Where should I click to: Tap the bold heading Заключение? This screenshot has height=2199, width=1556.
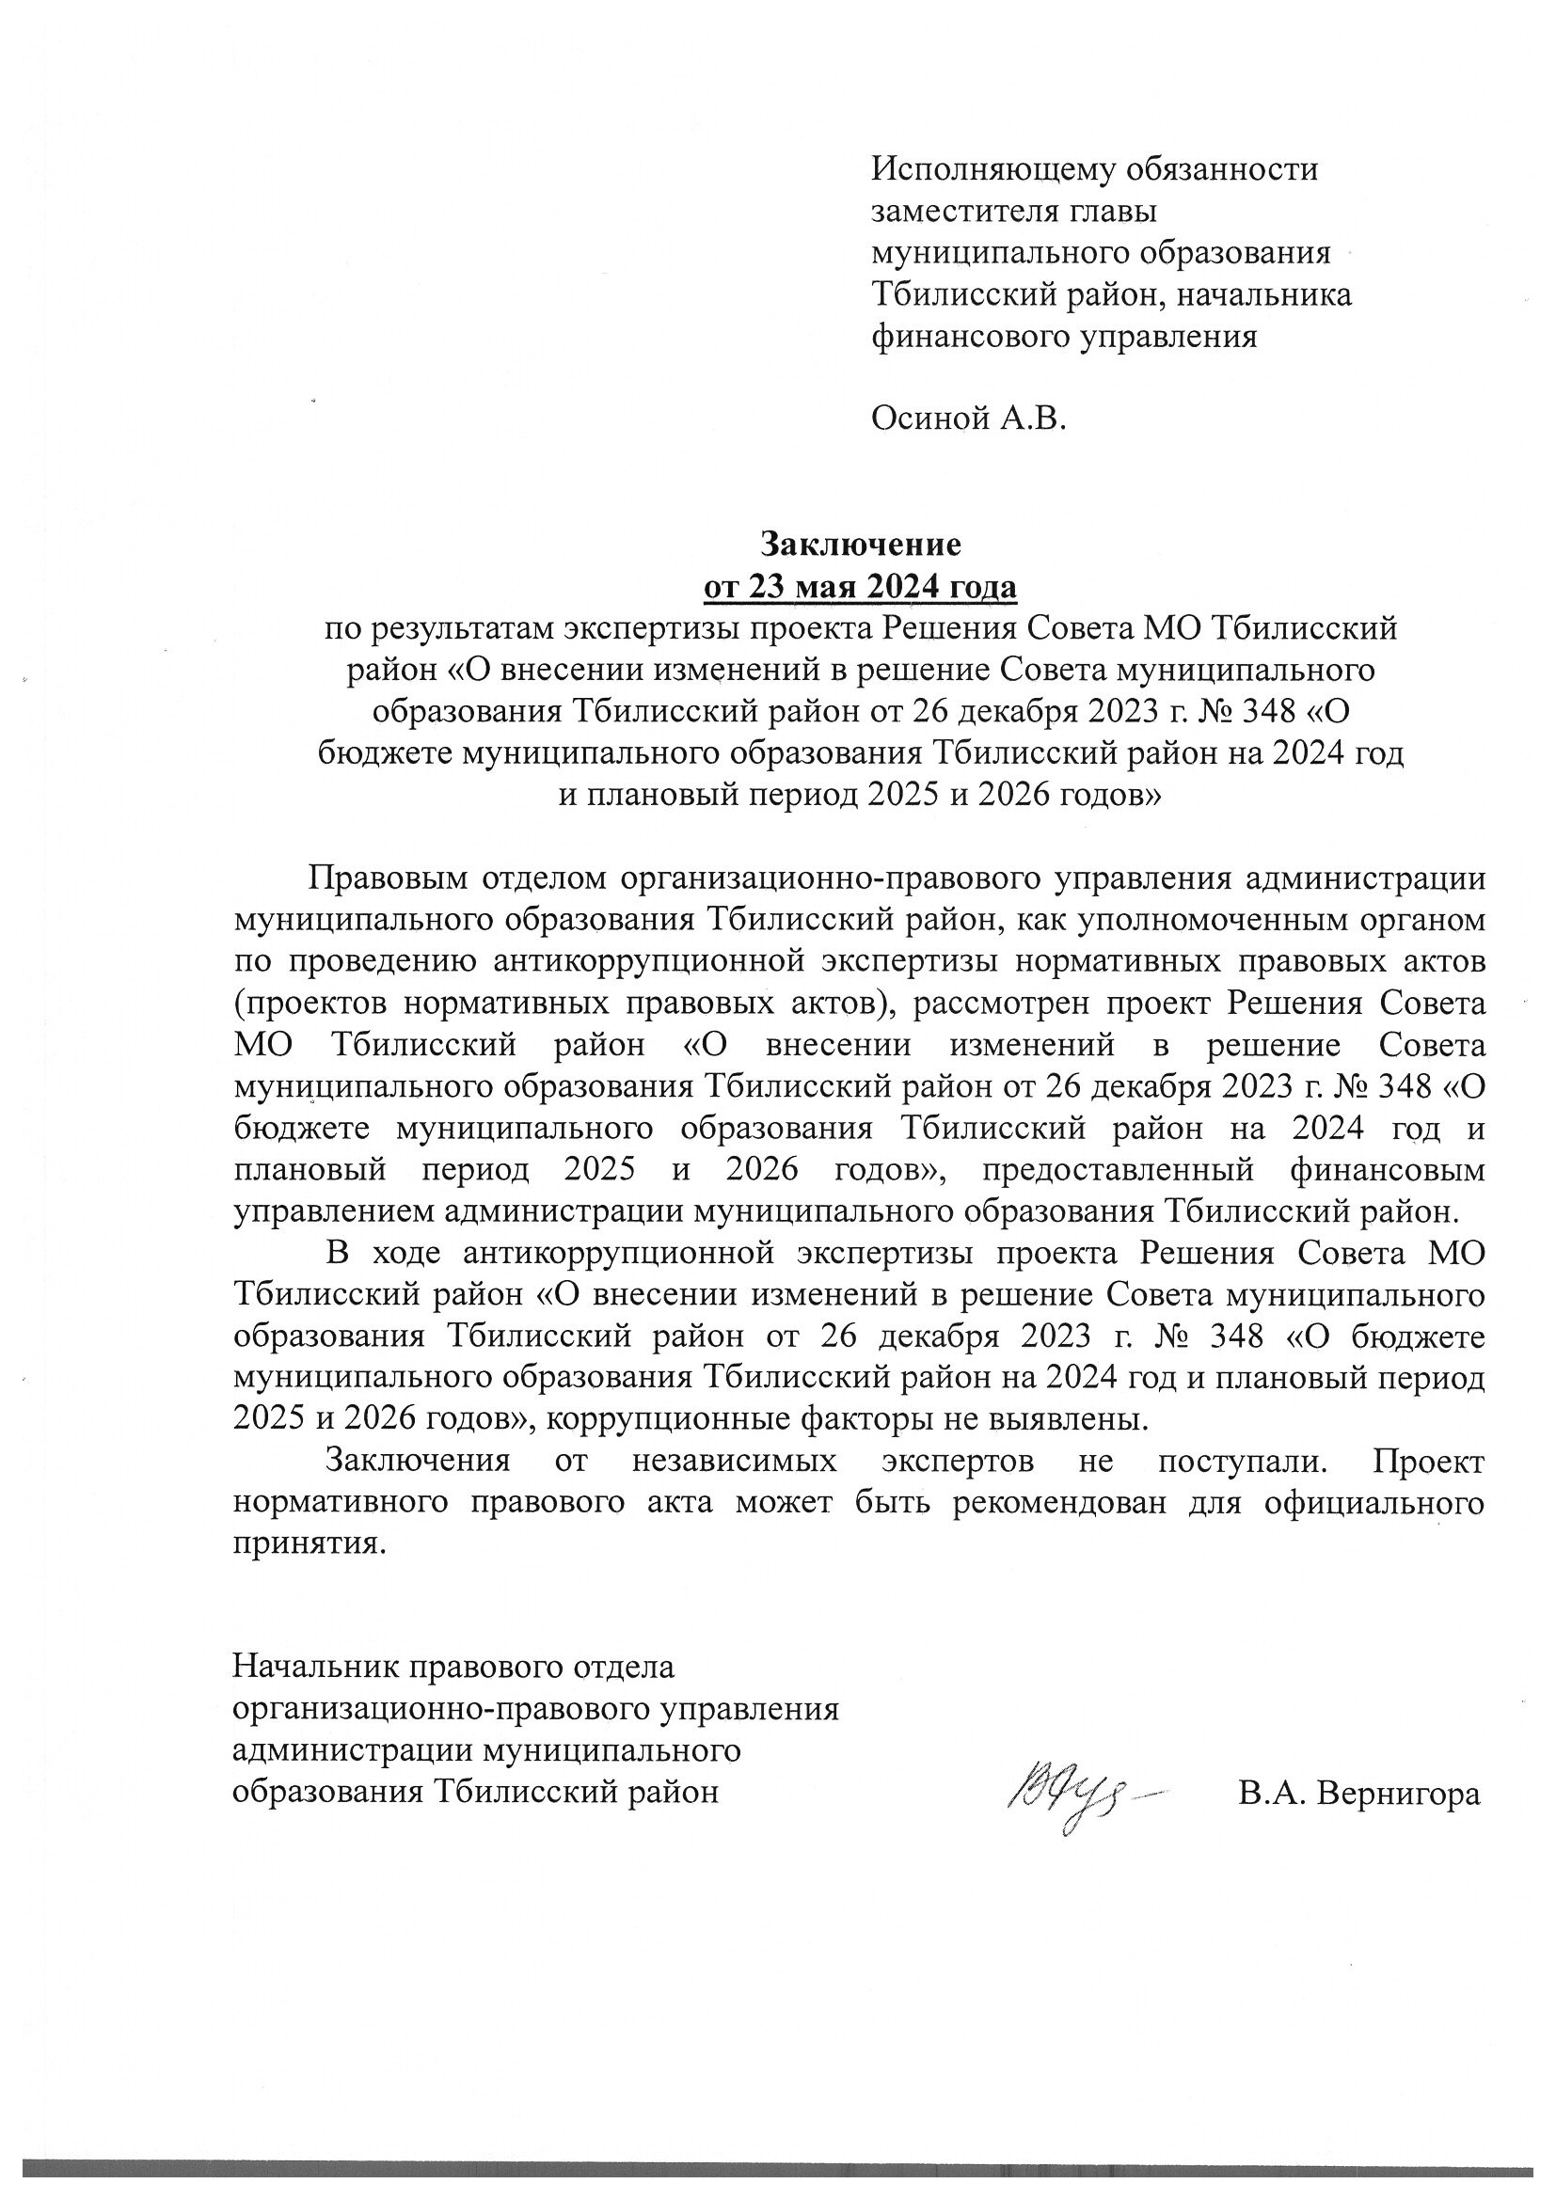pyautogui.click(x=860, y=544)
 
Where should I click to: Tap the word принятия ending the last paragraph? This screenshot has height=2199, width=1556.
pyautogui.click(x=307, y=1543)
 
